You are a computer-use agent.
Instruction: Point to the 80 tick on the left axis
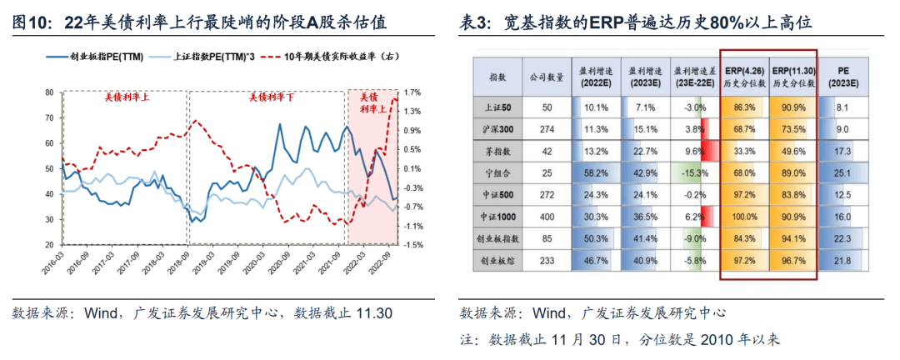pyautogui.click(x=50, y=92)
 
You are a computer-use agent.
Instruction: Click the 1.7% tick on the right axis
pyautogui.click(x=411, y=92)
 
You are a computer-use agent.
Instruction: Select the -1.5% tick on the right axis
pyautogui.click(x=412, y=245)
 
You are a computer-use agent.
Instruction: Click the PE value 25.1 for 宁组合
pyautogui.click(x=842, y=172)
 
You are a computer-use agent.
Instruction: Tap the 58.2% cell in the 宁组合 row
pyautogui.click(x=596, y=172)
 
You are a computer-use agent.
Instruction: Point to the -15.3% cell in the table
pyautogui.click(x=694, y=172)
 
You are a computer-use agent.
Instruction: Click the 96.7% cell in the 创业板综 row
pyautogui.click(x=792, y=260)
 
